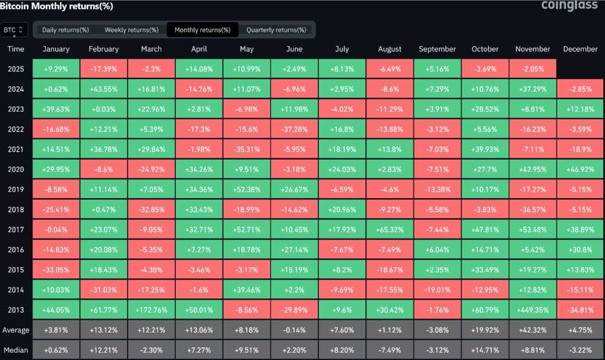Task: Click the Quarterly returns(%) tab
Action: pyautogui.click(x=276, y=30)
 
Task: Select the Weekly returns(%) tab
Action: pyautogui.click(x=132, y=30)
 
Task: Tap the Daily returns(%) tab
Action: pyautogui.click(x=65, y=30)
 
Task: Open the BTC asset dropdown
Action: pyautogui.click(x=14, y=30)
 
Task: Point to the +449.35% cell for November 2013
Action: pyautogui.click(x=533, y=309)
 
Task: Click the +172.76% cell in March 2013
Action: pyautogui.click(x=151, y=309)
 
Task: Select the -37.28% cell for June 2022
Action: pyautogui.click(x=294, y=129)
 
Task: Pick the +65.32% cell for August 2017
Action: pyautogui.click(x=390, y=230)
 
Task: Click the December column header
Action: pyautogui.click(x=580, y=49)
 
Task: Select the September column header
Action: pyautogui.click(x=437, y=49)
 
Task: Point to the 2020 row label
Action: pyautogui.click(x=16, y=170)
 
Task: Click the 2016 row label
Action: pyautogui.click(x=16, y=250)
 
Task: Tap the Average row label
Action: pyautogui.click(x=16, y=329)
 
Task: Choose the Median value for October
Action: pyautogui.click(x=485, y=350)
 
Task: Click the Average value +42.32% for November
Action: pyautogui.click(x=533, y=329)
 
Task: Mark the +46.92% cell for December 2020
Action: pyautogui.click(x=580, y=170)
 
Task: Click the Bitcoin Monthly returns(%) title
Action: pyautogui.click(x=57, y=6)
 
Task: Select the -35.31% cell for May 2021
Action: pyautogui.click(x=247, y=149)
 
